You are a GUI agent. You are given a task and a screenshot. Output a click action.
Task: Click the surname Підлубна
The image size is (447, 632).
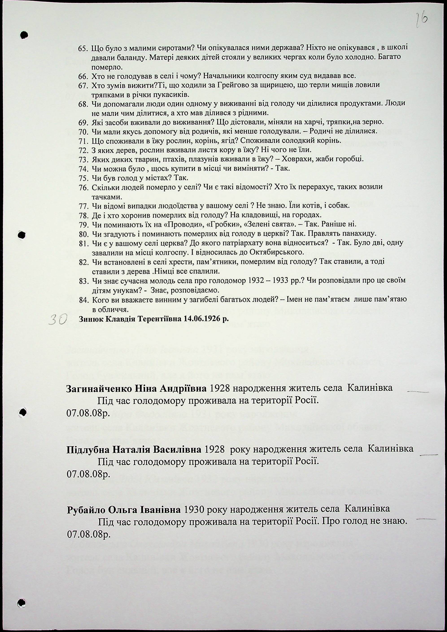coord(87,449)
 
